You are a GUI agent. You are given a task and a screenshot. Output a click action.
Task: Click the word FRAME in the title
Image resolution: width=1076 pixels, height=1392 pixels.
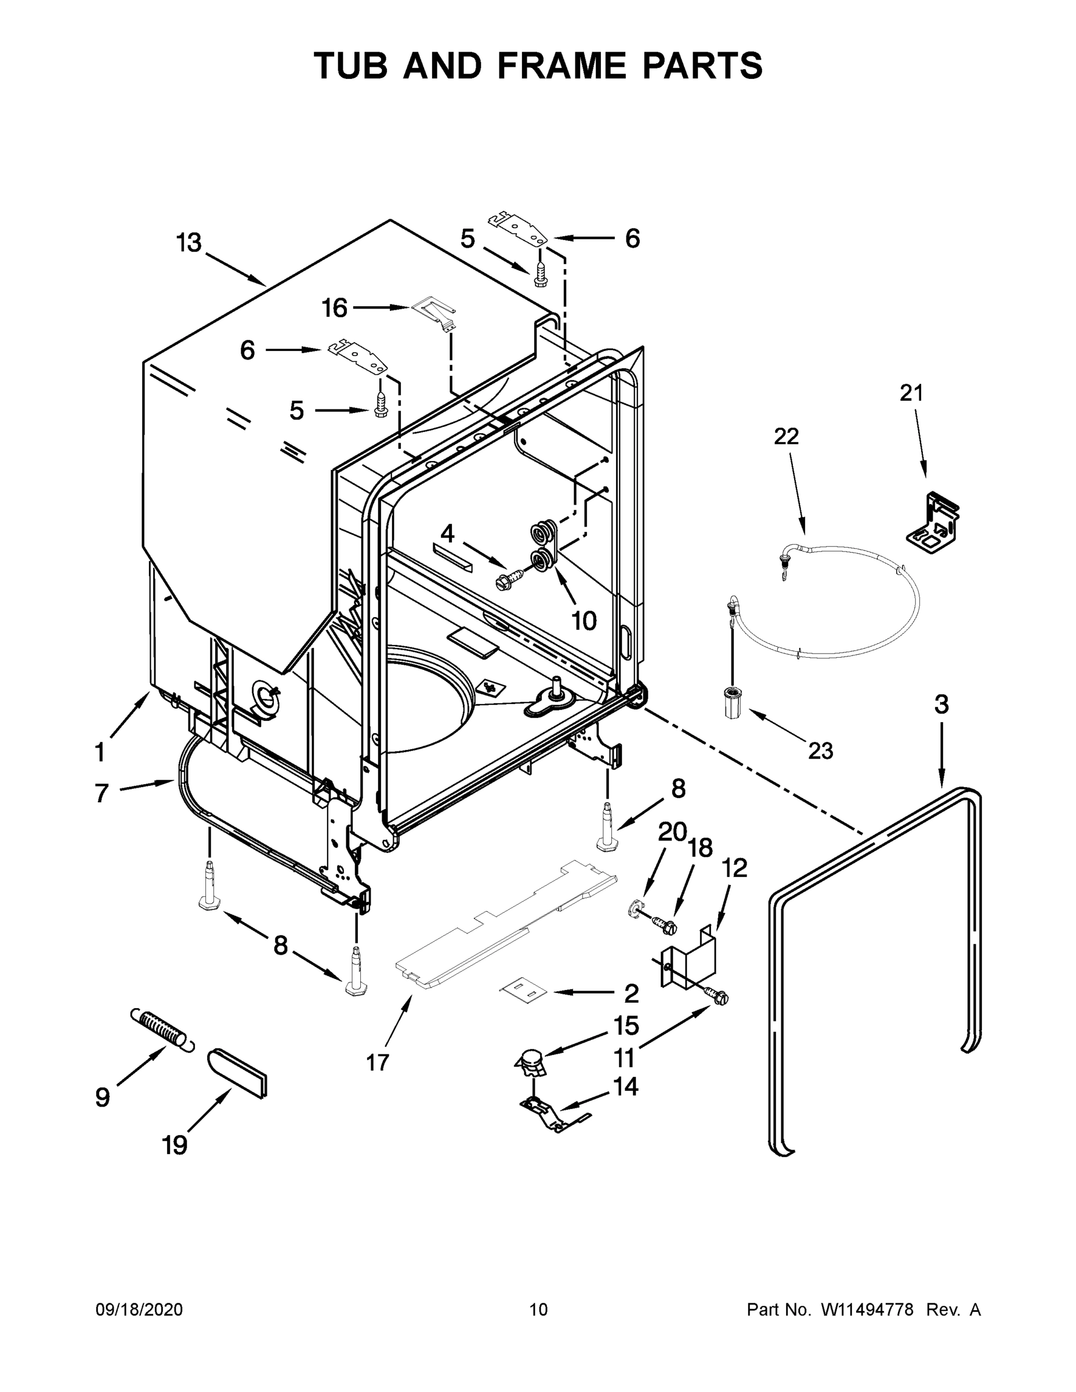coord(563,66)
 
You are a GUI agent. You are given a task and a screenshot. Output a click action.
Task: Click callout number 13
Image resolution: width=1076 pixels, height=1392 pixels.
coord(189,243)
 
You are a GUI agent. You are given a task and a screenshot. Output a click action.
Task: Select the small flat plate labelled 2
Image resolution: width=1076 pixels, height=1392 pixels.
coord(523,991)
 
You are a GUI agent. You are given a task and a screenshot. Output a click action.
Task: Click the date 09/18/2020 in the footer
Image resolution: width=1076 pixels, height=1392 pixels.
coord(139,1310)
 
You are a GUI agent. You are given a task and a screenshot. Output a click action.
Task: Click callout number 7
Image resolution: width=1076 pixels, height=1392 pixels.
coord(102,793)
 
